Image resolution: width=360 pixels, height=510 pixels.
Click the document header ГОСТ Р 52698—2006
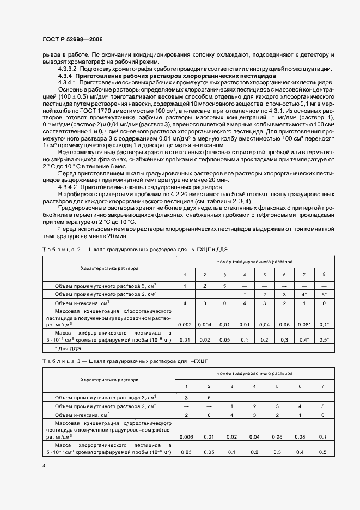[x=72, y=40]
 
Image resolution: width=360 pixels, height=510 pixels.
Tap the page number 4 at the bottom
[x=43, y=465]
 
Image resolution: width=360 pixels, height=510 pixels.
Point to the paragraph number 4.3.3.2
[x=68, y=69]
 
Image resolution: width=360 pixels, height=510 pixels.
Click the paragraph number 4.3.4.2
[x=68, y=186]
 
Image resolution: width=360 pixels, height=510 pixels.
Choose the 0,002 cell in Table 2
[x=185, y=325]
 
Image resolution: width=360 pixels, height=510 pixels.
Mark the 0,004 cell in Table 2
[x=204, y=325]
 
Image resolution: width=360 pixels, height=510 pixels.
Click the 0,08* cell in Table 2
[x=304, y=325]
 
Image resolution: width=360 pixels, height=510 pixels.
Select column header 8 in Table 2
[x=324, y=274]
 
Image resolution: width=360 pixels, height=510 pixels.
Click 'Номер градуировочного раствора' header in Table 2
[x=254, y=262]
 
